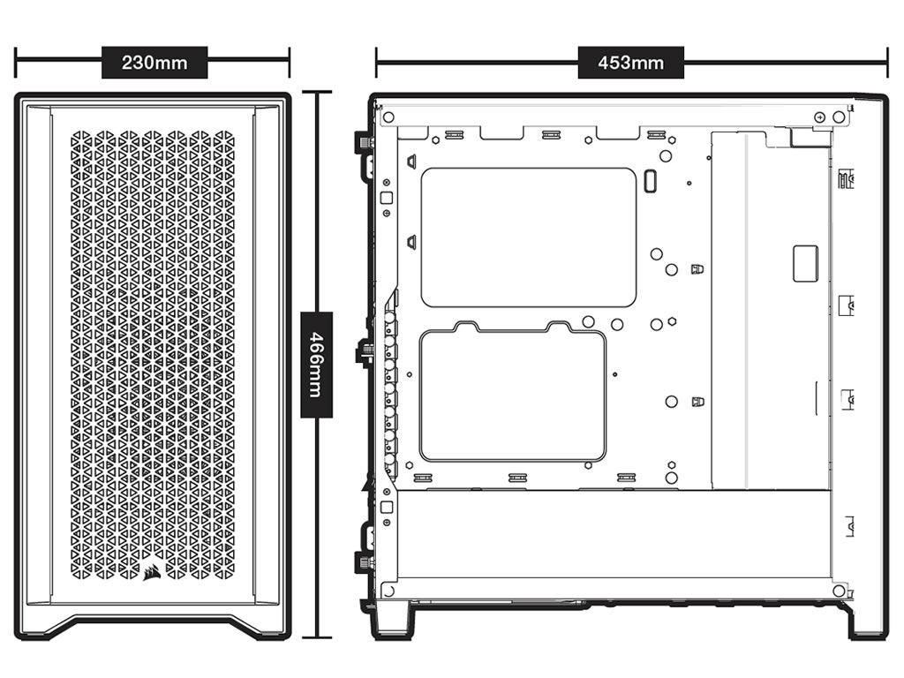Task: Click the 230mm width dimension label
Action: coord(154,63)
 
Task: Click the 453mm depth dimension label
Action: coord(630,63)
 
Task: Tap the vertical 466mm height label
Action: coord(317,365)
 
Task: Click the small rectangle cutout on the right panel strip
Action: coord(805,263)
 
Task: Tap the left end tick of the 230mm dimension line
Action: coord(16,63)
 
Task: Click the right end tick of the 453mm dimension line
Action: coord(886,63)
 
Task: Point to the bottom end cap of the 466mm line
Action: coord(317,637)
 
